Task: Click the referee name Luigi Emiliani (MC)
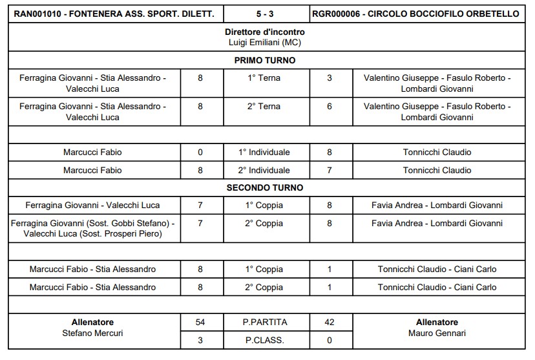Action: [x=265, y=42]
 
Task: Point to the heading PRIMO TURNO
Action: [x=265, y=60]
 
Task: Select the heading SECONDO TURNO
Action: [x=265, y=187]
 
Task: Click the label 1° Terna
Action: [x=264, y=78]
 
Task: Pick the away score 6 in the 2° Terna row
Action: [x=330, y=107]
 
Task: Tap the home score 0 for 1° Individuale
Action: [x=200, y=153]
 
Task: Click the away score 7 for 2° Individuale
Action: [x=330, y=170]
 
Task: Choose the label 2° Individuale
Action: [x=264, y=170]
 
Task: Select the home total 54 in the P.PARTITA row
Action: [x=200, y=322]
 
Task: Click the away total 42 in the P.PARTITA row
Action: [x=330, y=322]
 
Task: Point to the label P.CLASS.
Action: [x=264, y=340]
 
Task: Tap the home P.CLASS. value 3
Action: [x=200, y=340]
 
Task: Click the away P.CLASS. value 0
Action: [x=330, y=340]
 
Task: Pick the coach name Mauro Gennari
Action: [x=437, y=334]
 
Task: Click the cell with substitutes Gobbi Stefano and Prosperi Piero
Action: [x=92, y=229]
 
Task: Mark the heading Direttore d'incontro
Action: [x=265, y=32]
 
